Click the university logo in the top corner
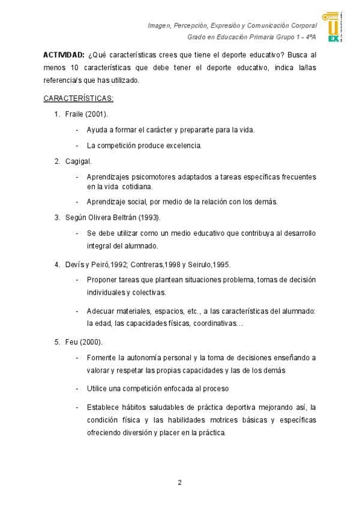point(334,27)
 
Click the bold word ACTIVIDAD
point(64,55)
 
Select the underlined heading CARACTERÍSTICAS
point(79,98)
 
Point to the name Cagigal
point(78,161)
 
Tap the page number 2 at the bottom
point(179,483)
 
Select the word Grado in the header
point(197,37)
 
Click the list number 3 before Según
point(57,217)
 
